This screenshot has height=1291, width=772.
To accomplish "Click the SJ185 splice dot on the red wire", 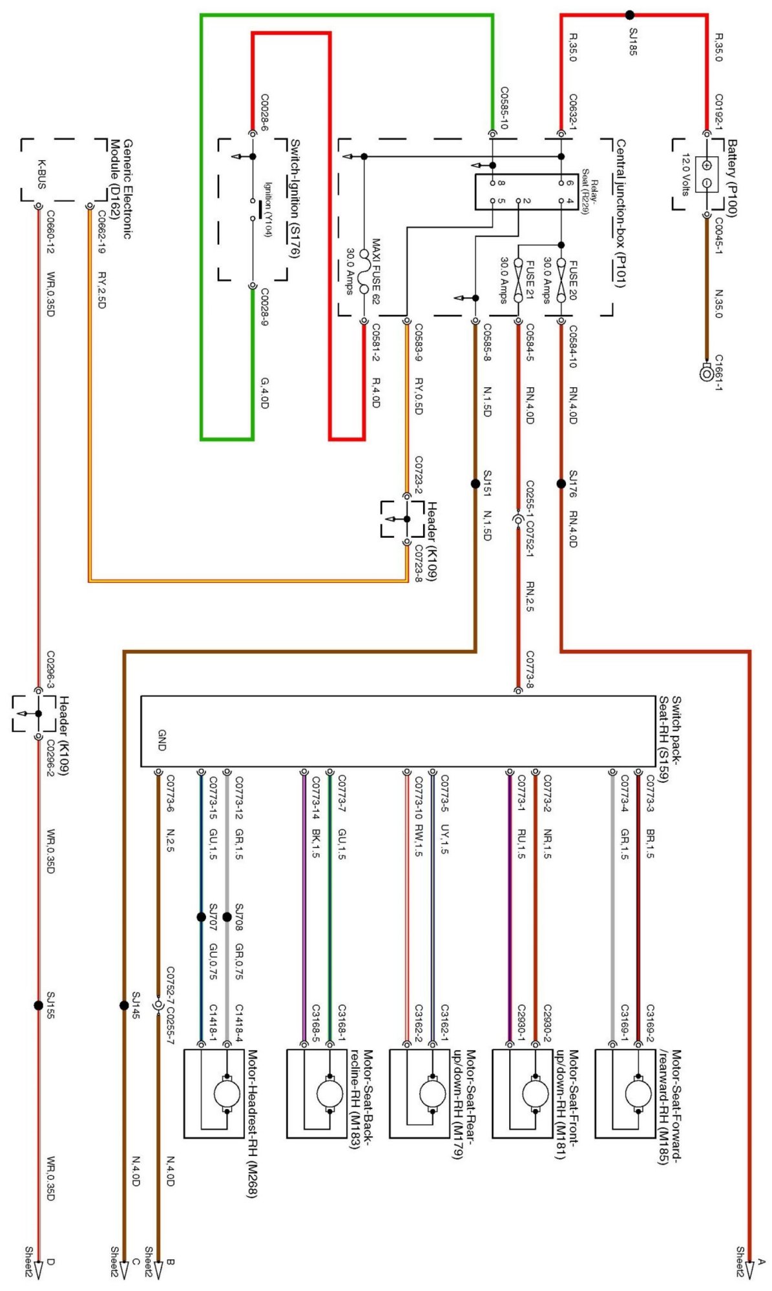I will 629,15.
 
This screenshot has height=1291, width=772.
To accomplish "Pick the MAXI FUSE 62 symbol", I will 364,272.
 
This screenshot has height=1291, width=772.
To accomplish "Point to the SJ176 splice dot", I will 561,483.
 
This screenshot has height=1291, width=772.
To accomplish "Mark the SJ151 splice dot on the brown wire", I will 475,483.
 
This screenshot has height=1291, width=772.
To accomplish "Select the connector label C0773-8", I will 529,669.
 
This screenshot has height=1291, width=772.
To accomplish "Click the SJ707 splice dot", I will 201,917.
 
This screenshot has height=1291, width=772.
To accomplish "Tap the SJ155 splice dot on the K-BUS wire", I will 38,1005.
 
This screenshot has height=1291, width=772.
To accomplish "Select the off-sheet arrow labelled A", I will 749,1268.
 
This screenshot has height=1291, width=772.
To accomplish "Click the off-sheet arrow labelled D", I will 38,1268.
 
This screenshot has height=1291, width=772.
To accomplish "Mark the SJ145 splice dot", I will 123,1005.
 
